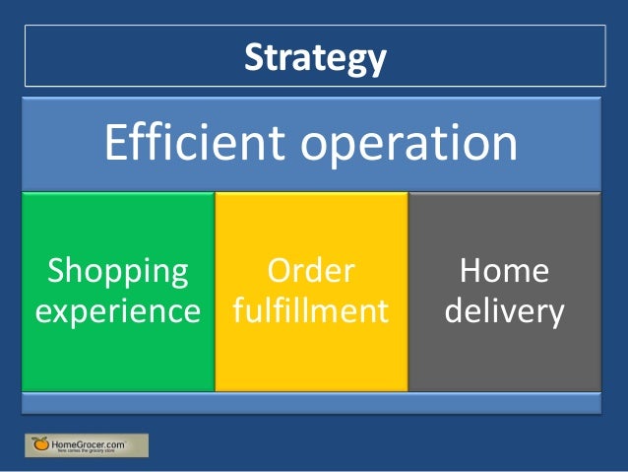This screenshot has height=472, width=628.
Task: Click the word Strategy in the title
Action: coord(314,58)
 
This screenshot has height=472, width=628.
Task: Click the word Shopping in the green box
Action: coord(117,272)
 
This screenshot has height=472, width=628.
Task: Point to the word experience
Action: coord(117,312)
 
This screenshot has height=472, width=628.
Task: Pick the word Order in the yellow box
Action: coord(311,272)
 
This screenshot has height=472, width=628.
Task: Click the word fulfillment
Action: coord(311,311)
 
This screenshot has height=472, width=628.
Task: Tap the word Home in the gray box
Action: coord(504,272)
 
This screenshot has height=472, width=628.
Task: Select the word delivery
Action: coord(504,312)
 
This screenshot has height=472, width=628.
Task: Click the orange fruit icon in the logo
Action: coord(39,444)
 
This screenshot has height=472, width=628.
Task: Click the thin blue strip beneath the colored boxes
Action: coord(311,402)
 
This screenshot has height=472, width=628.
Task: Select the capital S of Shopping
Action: coord(57,272)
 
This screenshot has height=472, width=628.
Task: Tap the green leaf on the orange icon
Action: coord(36,438)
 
